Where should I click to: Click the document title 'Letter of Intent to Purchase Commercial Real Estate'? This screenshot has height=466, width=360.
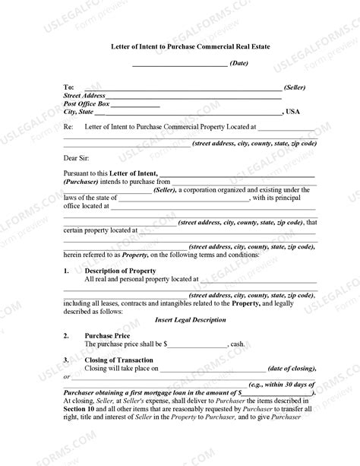coord(179,47)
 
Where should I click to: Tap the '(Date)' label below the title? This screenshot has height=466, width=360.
coord(238,63)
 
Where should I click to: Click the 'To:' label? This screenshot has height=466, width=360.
coord(69,88)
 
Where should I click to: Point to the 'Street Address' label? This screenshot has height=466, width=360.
coord(84,97)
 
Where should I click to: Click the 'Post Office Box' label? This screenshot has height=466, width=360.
coord(87,104)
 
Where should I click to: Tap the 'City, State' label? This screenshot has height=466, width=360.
coord(79,112)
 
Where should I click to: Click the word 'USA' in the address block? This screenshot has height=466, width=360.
coord(293,112)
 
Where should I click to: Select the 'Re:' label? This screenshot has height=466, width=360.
coord(68,127)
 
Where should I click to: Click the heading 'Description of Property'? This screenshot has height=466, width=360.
coord(120,271)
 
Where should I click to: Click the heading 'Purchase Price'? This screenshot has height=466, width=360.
coord(109,335)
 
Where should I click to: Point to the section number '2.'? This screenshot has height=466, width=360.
coord(67,335)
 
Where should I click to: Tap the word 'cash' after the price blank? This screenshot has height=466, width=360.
coord(237,344)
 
